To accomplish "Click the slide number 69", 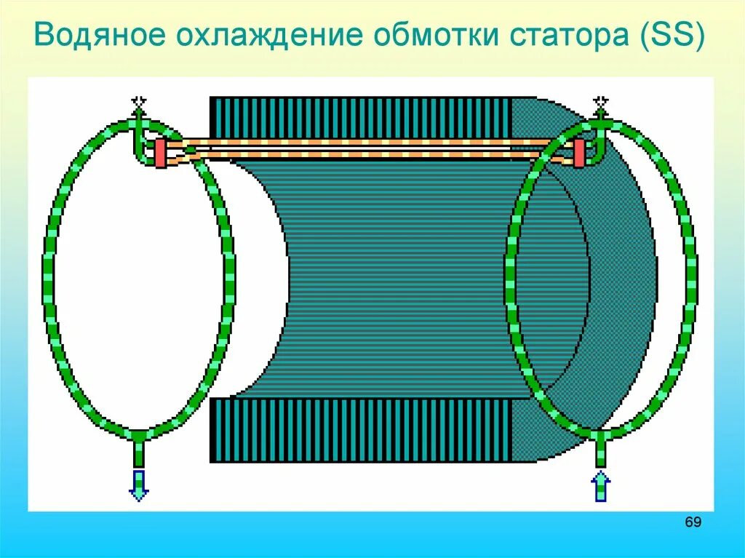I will coord(693,523).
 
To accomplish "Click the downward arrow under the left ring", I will coord(138,485).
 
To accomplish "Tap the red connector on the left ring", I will coord(160,154).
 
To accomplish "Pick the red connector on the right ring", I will coord(579,154).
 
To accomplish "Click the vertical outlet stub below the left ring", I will coord(138,453).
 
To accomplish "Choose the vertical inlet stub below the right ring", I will coord(600,453).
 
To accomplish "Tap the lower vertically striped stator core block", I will coord(360,430).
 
